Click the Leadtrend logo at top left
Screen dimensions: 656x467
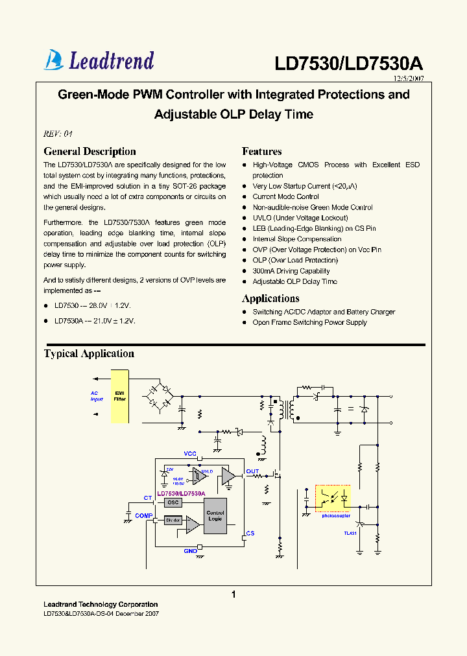coord(99,60)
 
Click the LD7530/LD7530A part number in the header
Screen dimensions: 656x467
coord(348,64)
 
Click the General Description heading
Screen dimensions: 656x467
coord(90,152)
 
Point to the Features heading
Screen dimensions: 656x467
coord(261,152)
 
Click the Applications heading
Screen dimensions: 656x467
coord(270,299)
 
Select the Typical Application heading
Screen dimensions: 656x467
coord(89,354)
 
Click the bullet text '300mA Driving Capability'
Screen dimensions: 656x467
coord(291,271)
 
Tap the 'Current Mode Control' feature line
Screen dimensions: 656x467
coord(285,196)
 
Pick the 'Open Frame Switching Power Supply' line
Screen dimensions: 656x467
coord(309,322)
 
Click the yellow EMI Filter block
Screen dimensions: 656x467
coord(120,396)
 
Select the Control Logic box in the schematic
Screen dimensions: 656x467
coord(215,516)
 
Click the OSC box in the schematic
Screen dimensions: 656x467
coord(172,502)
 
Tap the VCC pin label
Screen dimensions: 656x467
coord(190,453)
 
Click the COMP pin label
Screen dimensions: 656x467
coord(143,515)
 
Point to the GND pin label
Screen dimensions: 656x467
coord(190,550)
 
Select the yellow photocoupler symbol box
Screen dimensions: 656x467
coord(333,498)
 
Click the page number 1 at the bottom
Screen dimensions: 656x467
coord(233,594)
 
